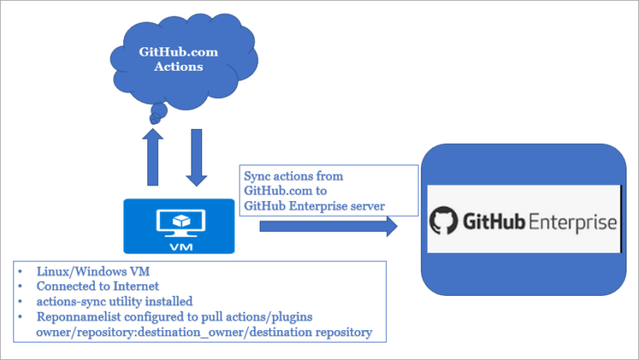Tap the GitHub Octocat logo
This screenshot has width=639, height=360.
click(443, 222)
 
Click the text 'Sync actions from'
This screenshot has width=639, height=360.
click(293, 176)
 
